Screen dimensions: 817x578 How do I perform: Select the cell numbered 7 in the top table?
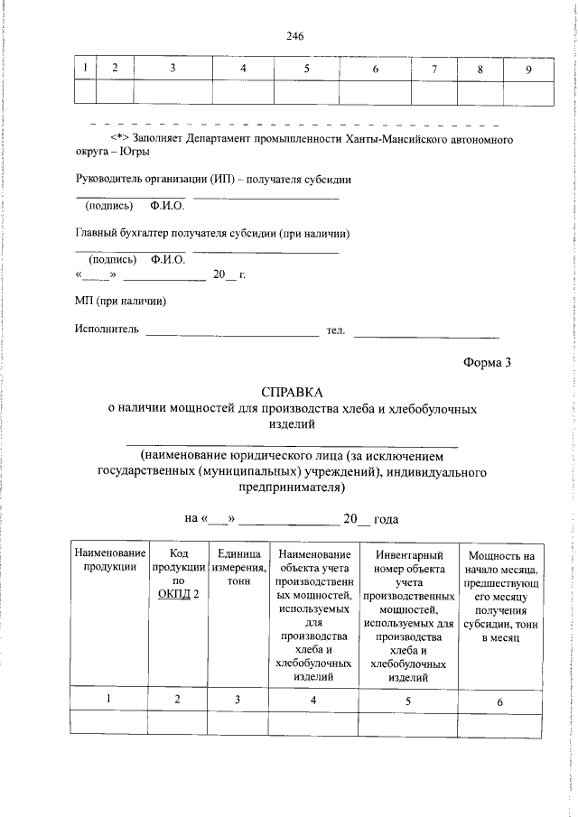[433, 70]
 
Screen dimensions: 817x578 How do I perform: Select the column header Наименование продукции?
[109, 561]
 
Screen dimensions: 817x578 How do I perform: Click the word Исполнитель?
[107, 331]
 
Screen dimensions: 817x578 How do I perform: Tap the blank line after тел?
[425, 333]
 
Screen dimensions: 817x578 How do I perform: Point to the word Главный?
[96, 234]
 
